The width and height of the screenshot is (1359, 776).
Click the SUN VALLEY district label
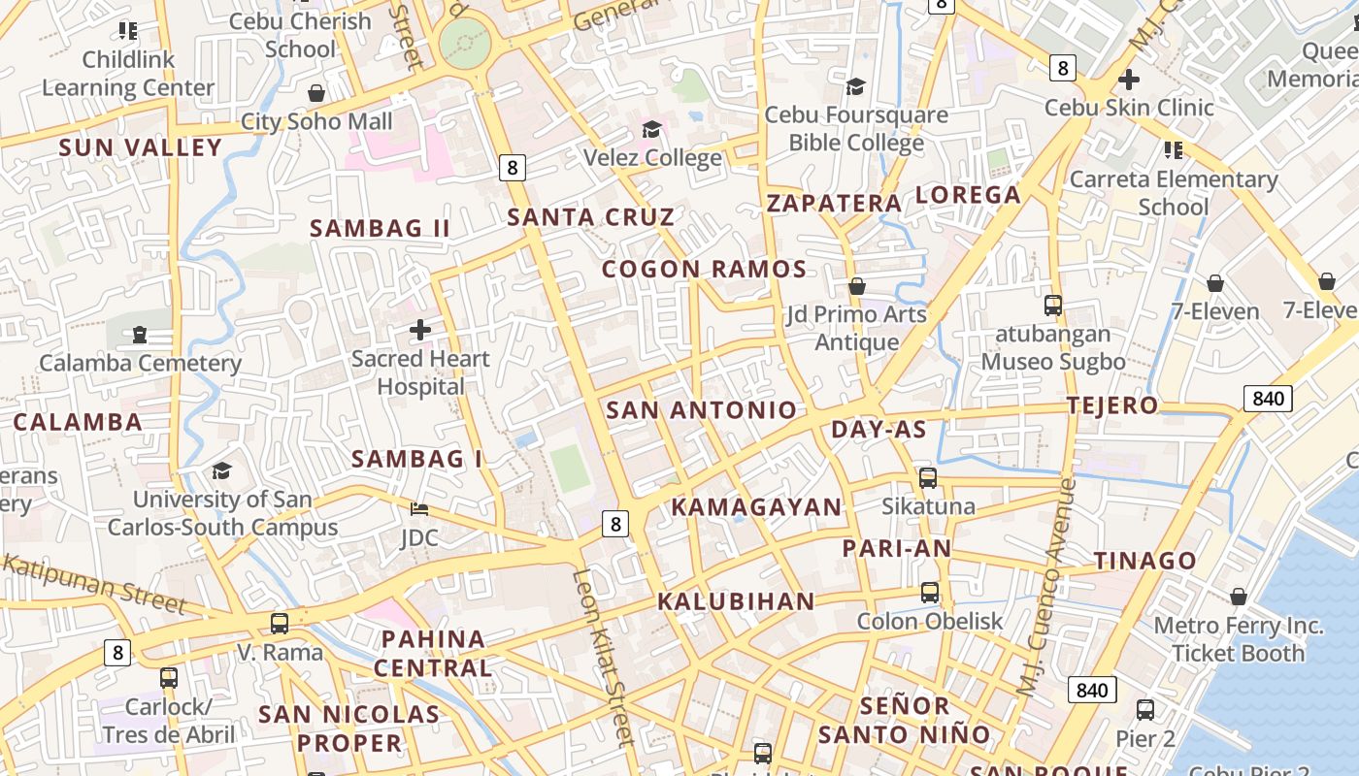click(140, 147)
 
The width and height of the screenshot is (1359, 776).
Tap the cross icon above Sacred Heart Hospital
click(420, 330)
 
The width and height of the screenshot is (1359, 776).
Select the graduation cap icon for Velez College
click(652, 129)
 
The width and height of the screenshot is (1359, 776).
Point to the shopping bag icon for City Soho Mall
click(316, 93)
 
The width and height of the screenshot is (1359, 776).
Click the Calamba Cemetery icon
click(140, 335)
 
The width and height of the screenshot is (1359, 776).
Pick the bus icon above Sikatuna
click(928, 478)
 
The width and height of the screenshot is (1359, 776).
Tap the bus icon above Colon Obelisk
click(930, 592)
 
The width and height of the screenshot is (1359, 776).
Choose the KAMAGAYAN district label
click(757, 507)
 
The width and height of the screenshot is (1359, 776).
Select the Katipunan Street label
click(94, 584)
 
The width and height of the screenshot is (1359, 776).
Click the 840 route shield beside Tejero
click(1268, 398)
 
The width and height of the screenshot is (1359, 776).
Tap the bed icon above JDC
click(419, 509)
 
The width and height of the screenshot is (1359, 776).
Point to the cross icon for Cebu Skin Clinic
click(1129, 80)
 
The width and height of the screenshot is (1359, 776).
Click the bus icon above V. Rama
click(280, 624)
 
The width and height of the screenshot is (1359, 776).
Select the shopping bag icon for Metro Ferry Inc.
click(1239, 597)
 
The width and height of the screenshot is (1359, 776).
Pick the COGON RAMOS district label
click(704, 270)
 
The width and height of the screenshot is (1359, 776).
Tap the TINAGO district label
click(1145, 561)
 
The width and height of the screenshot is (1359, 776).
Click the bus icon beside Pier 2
click(1145, 710)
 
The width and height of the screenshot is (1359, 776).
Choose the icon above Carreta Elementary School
click(1173, 150)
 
